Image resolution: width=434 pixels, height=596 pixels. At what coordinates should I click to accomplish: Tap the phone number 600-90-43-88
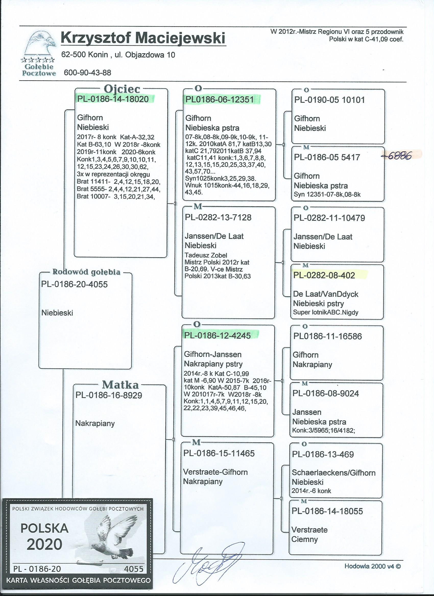(x=87, y=73)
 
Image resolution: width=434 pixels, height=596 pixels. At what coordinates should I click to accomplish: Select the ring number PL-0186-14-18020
(x=113, y=99)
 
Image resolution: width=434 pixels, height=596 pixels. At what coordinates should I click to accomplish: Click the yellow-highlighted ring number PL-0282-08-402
(x=324, y=275)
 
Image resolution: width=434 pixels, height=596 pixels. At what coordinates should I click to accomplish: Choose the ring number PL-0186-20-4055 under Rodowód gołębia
(x=75, y=284)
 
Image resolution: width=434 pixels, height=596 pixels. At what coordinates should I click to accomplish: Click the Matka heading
(x=120, y=385)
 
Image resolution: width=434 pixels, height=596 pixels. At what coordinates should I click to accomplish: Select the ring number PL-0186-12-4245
(x=218, y=335)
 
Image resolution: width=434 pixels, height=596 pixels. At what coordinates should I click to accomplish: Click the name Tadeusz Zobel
(x=206, y=255)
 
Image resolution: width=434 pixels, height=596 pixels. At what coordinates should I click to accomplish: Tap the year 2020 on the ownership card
(x=45, y=544)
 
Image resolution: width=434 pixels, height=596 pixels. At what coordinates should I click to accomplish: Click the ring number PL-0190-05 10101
(x=329, y=100)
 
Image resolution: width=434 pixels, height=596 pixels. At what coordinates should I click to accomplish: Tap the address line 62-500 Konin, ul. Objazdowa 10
(x=118, y=55)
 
